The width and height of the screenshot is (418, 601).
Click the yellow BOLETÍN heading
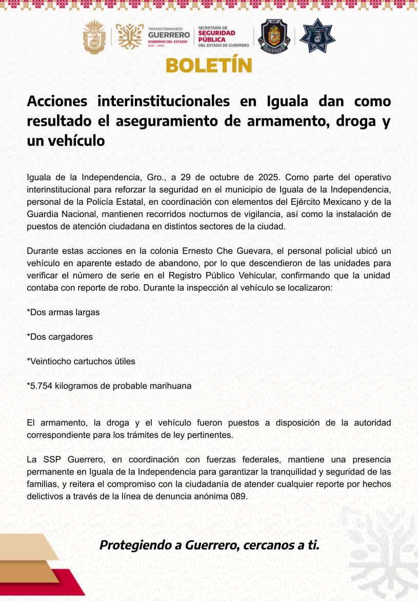tap(209, 66)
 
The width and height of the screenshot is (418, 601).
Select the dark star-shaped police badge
tap(317, 36)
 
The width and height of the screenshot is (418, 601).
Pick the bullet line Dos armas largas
tap(63, 312)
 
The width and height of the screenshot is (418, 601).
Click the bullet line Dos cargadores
tap(59, 337)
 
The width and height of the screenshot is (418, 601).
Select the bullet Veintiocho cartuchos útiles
tap(81, 361)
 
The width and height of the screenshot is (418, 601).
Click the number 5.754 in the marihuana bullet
tap(42, 386)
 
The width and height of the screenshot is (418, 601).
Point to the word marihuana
tap(170, 386)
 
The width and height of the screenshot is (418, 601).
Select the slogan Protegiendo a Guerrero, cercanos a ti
tap(209, 545)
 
